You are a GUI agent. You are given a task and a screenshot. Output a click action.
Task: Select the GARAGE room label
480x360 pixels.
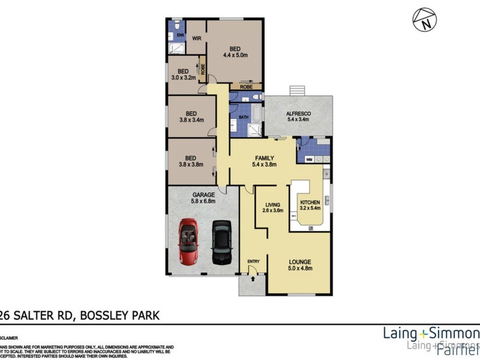pyautogui.click(x=203, y=195)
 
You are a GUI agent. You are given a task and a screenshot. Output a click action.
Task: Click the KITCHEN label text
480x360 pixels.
pyautogui.click(x=310, y=202)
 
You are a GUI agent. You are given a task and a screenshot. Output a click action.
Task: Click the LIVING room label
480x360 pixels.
pyautogui.click(x=274, y=204)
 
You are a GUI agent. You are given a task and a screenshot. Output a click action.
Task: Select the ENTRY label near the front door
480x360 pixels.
pyautogui.click(x=254, y=261)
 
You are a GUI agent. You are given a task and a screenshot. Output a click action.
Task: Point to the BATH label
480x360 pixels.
pyautogui.click(x=244, y=118)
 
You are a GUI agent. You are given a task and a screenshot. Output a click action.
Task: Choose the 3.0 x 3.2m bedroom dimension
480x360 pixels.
pyautogui.click(x=184, y=78)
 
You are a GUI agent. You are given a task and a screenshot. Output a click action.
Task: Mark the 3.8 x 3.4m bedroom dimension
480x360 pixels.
pyautogui.click(x=191, y=119)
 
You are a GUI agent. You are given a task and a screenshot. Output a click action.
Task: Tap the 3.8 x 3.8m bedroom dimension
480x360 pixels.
pyautogui.click(x=191, y=164)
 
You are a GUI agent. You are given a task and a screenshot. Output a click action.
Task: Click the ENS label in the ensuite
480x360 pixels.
pyautogui.click(x=179, y=35)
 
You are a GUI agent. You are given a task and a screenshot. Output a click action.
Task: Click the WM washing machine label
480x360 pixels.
pyautogui.click(x=309, y=160)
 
